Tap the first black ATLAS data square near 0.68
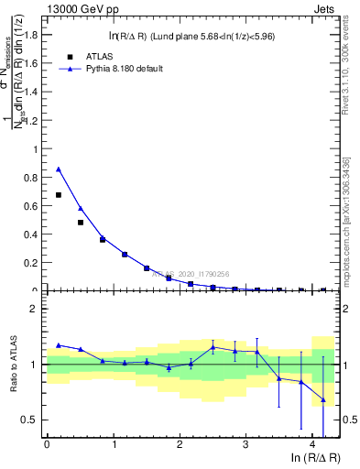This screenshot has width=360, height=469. click(x=59, y=195)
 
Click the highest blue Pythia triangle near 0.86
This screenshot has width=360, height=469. click(x=59, y=169)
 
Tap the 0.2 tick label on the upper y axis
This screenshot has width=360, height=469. click(x=32, y=262)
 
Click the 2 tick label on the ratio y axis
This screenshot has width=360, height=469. click(x=38, y=309)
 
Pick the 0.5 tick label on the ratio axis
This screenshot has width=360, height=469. click(x=32, y=420)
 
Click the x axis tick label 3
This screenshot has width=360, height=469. click(x=245, y=444)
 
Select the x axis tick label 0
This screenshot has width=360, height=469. click(x=47, y=444)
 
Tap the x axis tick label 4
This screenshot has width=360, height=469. click(x=312, y=444)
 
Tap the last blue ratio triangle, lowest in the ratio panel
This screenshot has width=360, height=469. click(x=323, y=399)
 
